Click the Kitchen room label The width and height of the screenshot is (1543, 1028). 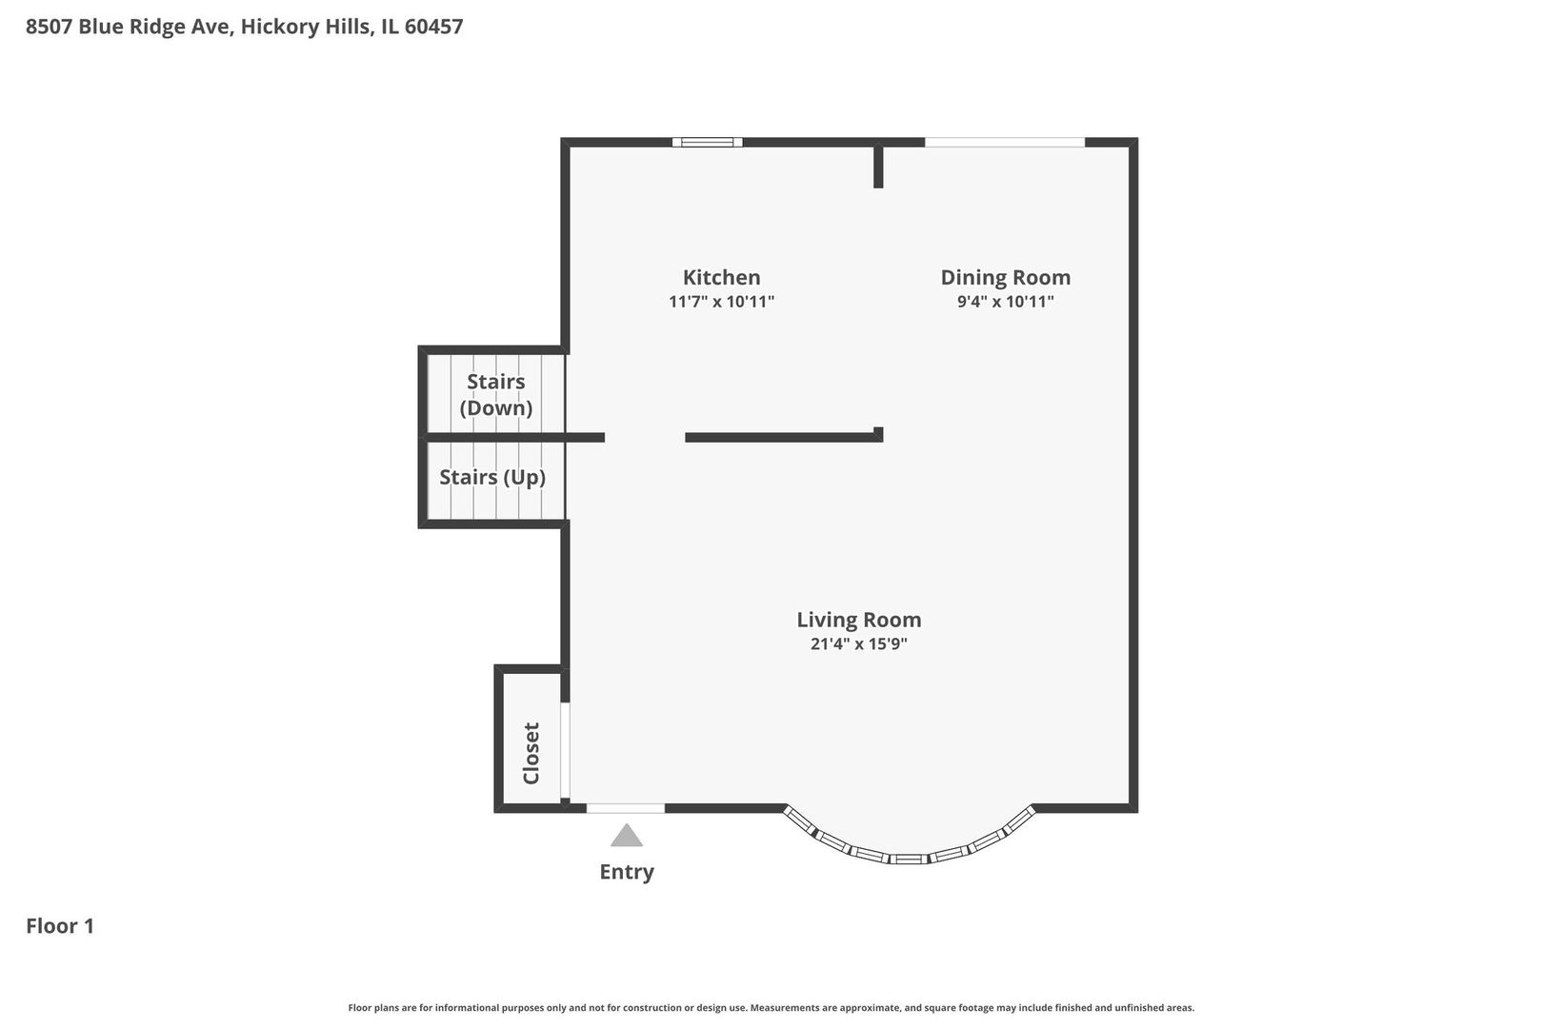(721, 278)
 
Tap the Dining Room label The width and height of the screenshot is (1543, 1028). (1005, 278)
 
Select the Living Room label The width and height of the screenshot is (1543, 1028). (858, 620)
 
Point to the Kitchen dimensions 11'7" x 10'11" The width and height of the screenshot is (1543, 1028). (721, 302)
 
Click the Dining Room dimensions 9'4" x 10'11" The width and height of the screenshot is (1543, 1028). (1005, 302)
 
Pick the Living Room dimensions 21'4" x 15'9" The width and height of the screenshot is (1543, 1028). (858, 643)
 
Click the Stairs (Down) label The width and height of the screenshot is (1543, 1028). (495, 394)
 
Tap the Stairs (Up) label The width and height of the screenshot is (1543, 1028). (491, 477)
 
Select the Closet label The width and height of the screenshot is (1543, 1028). (531, 753)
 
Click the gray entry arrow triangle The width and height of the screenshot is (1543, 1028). (626, 836)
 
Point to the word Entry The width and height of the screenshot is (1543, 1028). (626, 872)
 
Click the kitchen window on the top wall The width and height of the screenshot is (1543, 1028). (707, 143)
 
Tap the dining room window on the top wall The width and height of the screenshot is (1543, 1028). (1005, 143)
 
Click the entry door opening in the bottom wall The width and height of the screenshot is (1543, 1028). (625, 808)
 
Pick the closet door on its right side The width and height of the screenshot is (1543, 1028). (564, 750)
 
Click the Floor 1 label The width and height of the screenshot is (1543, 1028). (60, 926)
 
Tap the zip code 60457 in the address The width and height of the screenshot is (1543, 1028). (433, 27)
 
